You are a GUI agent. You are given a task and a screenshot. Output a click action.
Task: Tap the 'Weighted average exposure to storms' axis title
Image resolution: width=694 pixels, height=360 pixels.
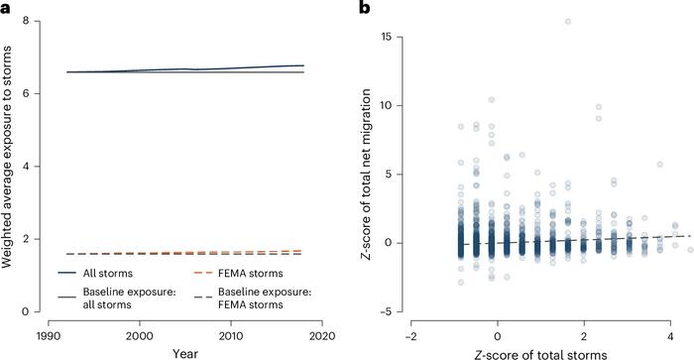pos(12,166)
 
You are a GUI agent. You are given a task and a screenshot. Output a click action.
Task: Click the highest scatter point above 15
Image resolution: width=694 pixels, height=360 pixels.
pos(568,21)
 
